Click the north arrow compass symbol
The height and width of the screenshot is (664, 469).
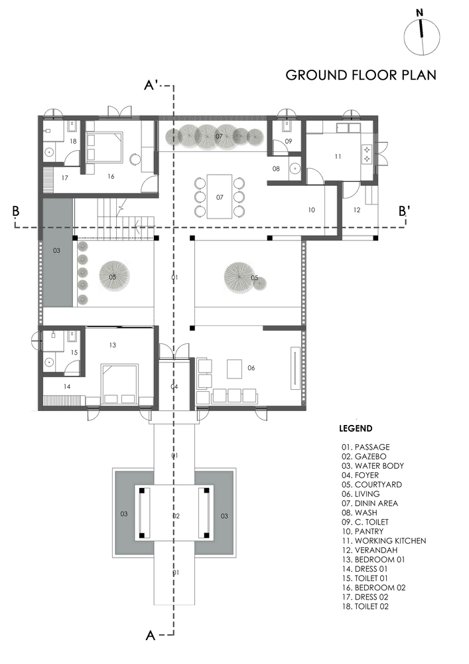coord(422,35)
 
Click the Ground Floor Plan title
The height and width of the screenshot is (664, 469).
coord(361,75)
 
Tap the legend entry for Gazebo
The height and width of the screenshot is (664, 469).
coord(364,457)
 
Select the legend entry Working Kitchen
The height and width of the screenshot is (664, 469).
coord(384,540)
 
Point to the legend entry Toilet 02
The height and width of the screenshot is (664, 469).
coord(366,606)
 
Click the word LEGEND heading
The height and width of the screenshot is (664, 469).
coord(356,428)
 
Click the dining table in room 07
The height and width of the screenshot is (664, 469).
coord(220,197)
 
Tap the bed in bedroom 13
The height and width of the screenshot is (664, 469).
coord(119,384)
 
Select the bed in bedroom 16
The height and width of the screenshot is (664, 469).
coord(104,147)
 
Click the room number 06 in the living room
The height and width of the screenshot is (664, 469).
coord(251,368)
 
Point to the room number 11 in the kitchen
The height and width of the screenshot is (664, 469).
coord(338,157)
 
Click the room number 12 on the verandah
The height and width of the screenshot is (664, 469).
coord(356,210)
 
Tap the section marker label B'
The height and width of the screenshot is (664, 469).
coord(403,211)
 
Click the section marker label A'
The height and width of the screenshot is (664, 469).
coord(151,86)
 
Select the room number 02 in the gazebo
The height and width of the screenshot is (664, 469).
coord(176,516)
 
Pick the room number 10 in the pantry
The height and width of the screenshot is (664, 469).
coord(312,210)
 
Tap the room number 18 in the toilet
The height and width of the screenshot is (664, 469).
coord(73,141)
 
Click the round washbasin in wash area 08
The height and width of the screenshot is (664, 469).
coord(295,169)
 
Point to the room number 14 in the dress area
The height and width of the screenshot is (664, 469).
coord(67,386)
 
